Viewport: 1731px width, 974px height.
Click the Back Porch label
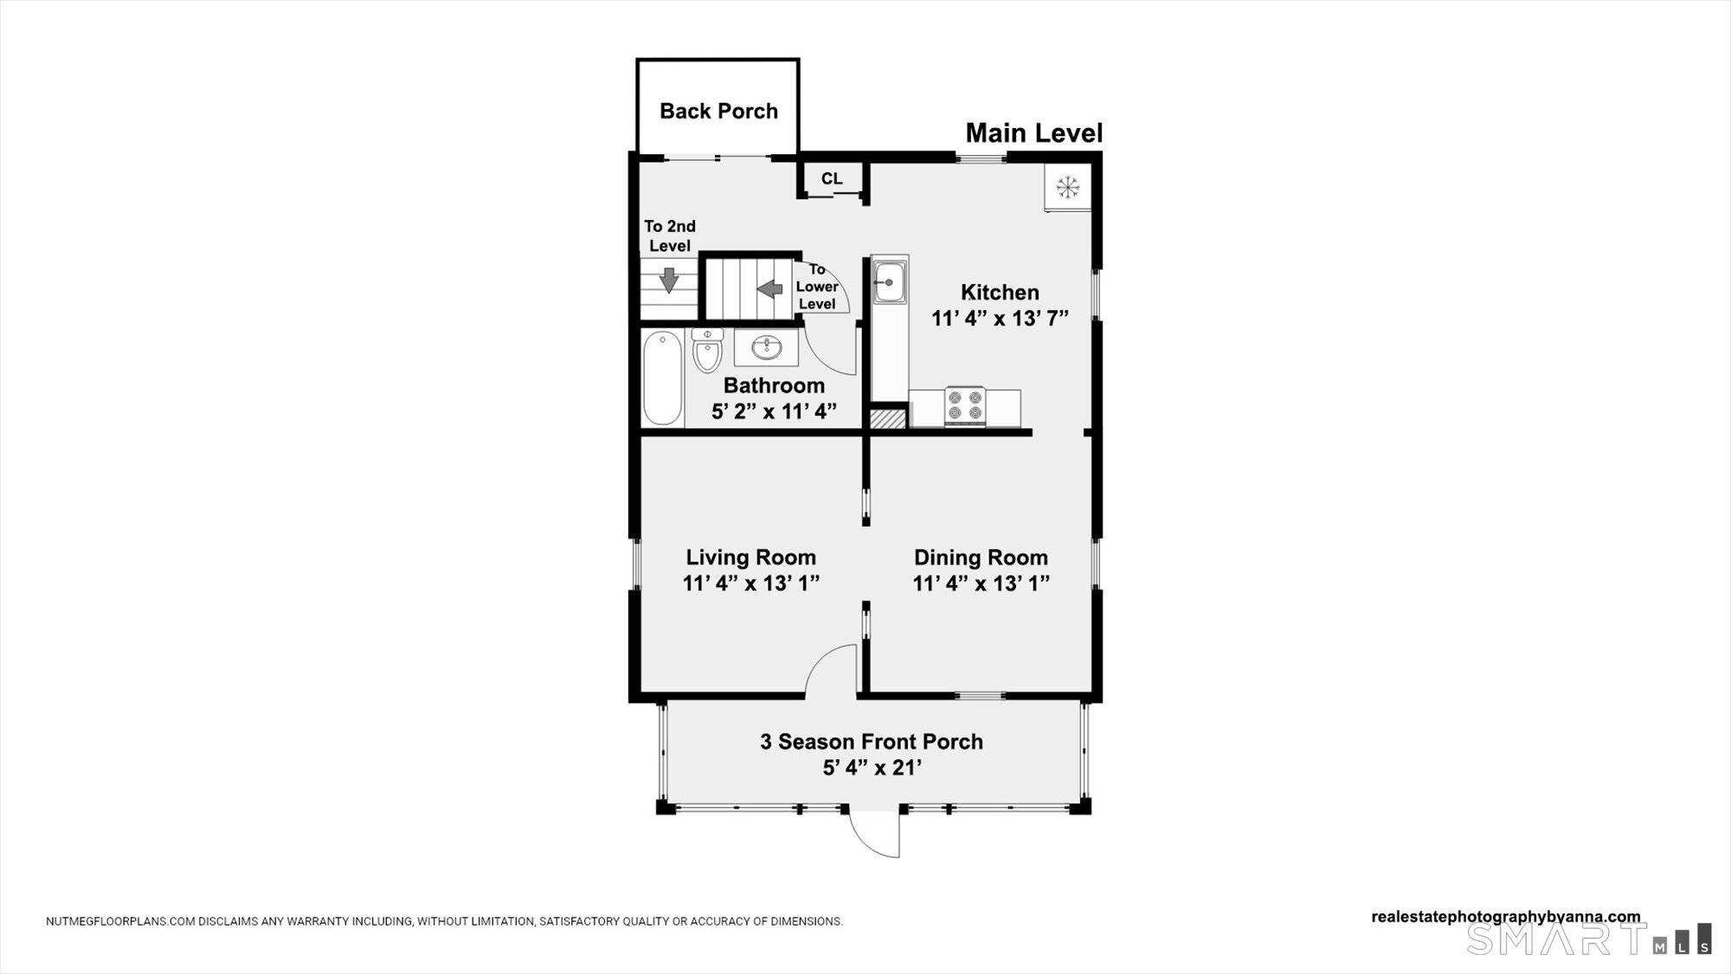pos(718,111)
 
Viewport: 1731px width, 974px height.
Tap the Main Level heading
pos(1034,133)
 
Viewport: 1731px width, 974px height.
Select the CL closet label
pos(832,178)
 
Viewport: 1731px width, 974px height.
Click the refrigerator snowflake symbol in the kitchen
pos(1068,186)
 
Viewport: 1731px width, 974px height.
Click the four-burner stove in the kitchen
pos(964,406)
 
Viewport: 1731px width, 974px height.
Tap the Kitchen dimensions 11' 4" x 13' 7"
pos(1000,319)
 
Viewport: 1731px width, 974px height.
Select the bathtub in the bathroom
pos(663,377)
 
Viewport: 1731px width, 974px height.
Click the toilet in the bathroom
pos(707,349)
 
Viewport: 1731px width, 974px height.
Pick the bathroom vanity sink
pos(766,347)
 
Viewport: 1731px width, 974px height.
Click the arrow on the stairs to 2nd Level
pos(668,280)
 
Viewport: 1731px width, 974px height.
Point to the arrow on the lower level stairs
pos(769,288)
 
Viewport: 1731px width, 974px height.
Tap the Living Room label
pos(751,558)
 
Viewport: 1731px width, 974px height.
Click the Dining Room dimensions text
pos(981,584)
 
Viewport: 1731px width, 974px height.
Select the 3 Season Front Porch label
pos(872,742)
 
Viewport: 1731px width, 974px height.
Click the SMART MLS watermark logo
pos(1589,939)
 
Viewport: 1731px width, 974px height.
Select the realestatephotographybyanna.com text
pos(1506,917)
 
